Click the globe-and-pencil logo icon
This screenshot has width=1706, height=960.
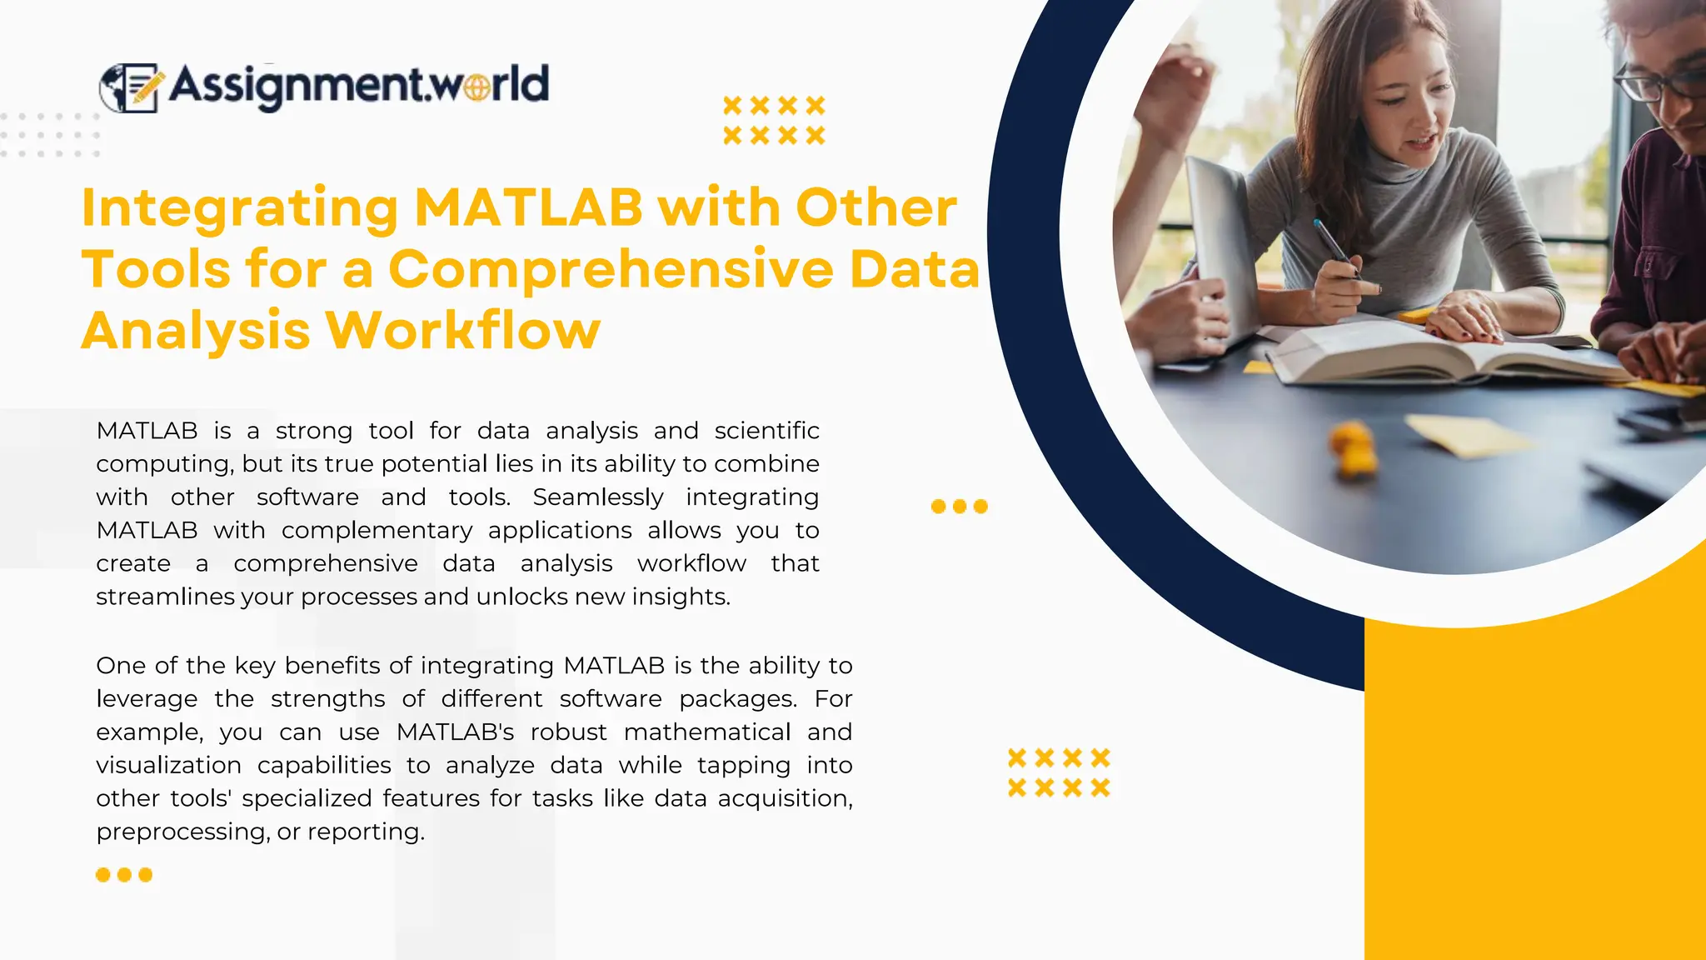pyautogui.click(x=129, y=87)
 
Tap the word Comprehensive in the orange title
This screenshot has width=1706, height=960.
pyautogui.click(x=611, y=270)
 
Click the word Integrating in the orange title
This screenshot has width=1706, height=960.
pyautogui.click(x=240, y=208)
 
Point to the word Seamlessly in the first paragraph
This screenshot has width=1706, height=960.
pyautogui.click(x=598, y=497)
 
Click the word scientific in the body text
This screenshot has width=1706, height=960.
pyautogui.click(x=766, y=431)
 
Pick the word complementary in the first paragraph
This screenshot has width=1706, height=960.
pyautogui.click(x=377, y=531)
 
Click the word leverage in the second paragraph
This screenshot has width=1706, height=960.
pyautogui.click(x=147, y=699)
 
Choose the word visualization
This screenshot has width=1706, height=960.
pyautogui.click(x=168, y=766)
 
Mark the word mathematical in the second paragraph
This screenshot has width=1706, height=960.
pyautogui.click(x=706, y=732)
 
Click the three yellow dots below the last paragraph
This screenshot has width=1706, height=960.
pyautogui.click(x=124, y=875)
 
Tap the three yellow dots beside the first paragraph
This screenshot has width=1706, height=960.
pyautogui.click(x=959, y=507)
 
